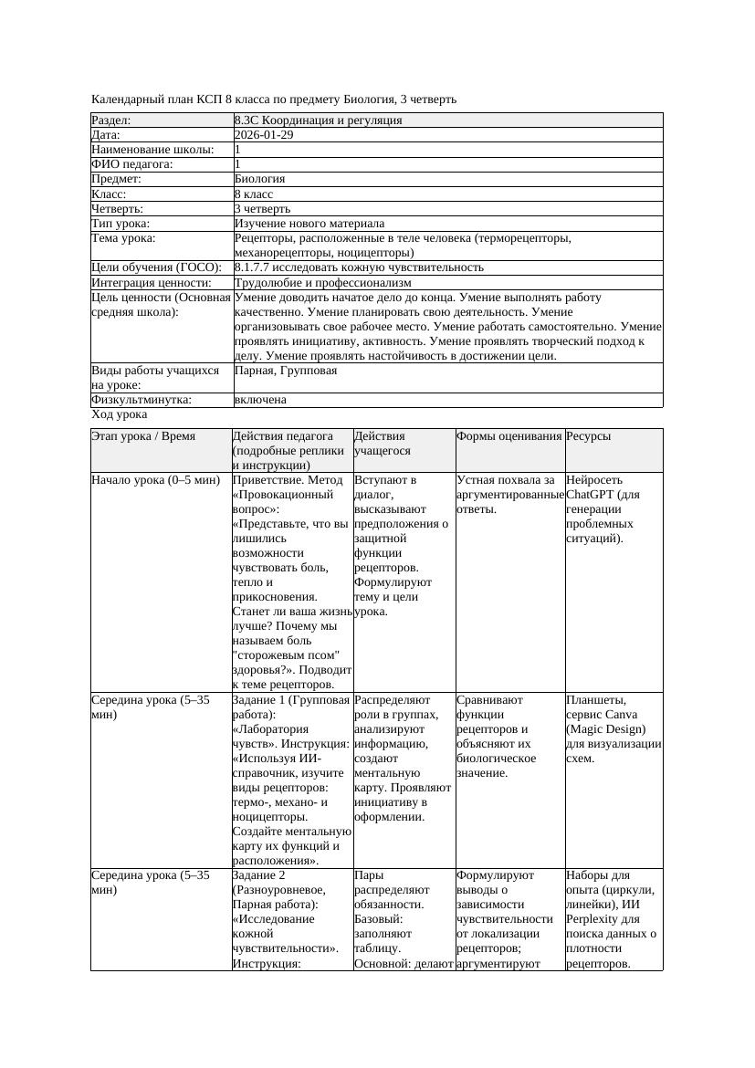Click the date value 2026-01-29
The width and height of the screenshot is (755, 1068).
tap(264, 135)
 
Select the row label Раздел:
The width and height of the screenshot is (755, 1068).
tap(111, 120)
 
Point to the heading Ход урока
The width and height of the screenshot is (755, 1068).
tap(119, 414)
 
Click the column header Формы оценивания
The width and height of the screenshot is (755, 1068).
tap(509, 437)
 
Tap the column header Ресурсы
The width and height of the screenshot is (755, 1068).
tap(590, 437)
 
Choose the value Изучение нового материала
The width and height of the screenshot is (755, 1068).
tap(309, 224)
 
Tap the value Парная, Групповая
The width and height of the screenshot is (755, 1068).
tap(286, 372)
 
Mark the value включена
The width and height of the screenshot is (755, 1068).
tap(260, 400)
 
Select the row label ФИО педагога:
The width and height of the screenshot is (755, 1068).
tap(132, 164)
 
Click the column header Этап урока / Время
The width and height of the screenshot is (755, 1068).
tap(143, 437)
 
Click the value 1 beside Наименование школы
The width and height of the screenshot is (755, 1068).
tap(238, 150)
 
